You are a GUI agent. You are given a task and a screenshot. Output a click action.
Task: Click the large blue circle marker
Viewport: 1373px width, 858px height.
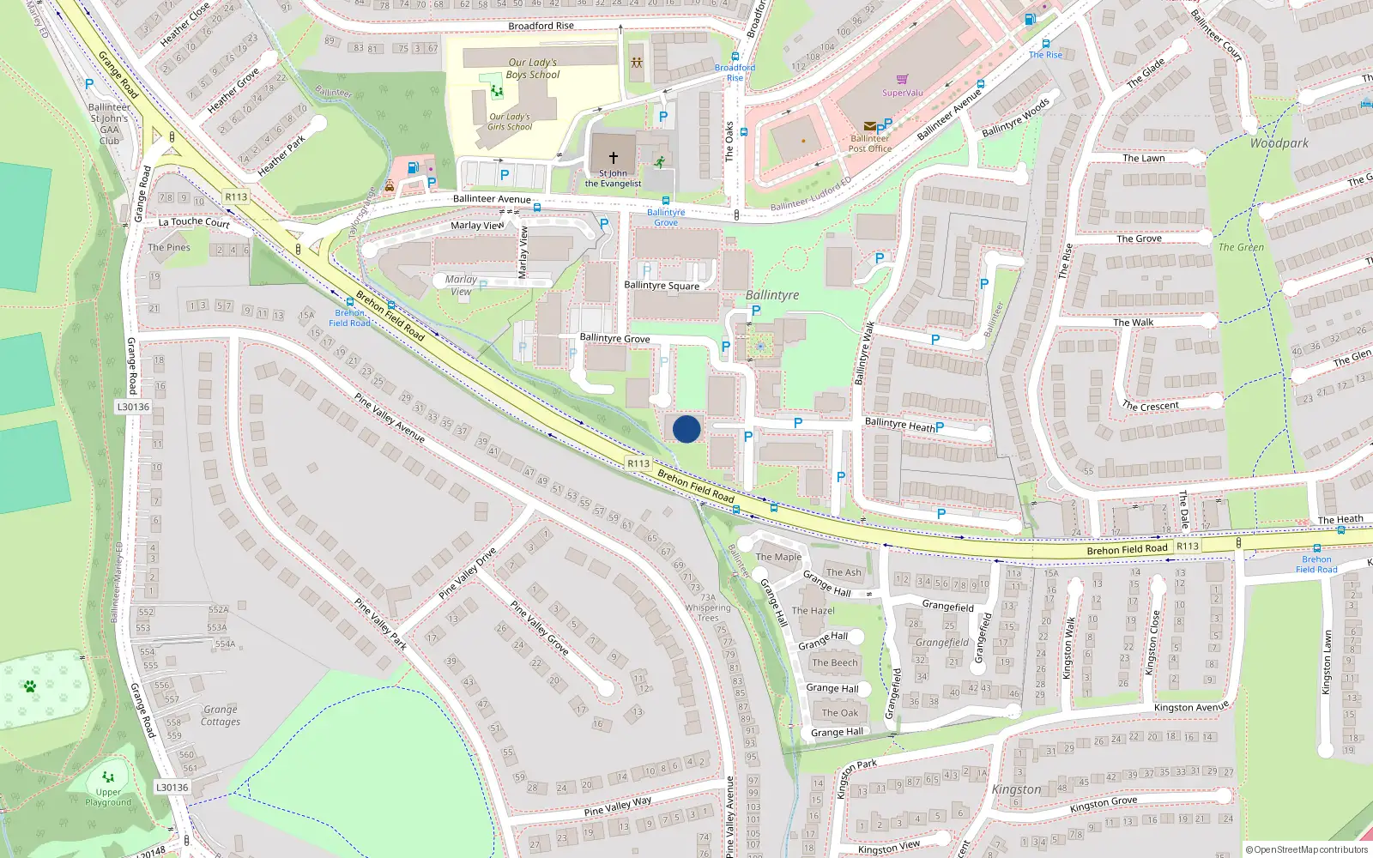[x=686, y=429]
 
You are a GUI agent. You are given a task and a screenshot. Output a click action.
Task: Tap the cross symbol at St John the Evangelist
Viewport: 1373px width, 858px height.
[x=614, y=158]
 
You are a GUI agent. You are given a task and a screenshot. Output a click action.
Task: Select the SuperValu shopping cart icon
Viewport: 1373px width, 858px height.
[x=902, y=80]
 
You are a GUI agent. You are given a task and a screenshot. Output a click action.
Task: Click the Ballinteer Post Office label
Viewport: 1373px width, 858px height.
[x=870, y=143]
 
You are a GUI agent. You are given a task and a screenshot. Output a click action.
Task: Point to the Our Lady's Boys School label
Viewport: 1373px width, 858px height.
[x=532, y=69]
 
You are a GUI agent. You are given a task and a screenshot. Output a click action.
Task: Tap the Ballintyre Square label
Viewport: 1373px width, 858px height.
[x=662, y=286]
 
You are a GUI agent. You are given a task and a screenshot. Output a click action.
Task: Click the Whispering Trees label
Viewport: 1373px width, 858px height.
[x=708, y=613]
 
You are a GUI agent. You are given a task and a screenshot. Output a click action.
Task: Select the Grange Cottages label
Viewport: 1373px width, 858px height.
[x=221, y=716]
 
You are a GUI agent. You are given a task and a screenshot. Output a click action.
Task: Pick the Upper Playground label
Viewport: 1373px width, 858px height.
[x=108, y=797]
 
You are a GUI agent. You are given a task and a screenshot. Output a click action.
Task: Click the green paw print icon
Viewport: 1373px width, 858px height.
[x=30, y=686]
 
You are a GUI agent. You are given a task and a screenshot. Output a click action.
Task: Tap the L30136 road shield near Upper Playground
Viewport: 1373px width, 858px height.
[x=172, y=787]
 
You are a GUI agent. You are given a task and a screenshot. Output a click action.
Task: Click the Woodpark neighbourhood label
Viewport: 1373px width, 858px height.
[x=1279, y=143]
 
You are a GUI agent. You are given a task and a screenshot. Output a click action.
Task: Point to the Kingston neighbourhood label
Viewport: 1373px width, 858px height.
[x=1016, y=789]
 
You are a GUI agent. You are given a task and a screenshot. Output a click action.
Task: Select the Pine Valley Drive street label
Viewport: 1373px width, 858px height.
[x=467, y=573]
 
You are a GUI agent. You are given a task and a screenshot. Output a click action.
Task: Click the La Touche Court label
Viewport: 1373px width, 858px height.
[x=194, y=222]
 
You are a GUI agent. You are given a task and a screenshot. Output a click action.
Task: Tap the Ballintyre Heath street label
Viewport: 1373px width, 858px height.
[x=899, y=425]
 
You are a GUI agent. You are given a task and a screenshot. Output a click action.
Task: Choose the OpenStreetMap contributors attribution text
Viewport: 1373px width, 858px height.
[x=1307, y=849]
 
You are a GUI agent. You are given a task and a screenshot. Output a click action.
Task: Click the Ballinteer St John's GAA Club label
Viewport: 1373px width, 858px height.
[x=110, y=124]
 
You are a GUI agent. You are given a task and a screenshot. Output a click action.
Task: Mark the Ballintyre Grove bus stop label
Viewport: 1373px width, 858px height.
[x=666, y=217]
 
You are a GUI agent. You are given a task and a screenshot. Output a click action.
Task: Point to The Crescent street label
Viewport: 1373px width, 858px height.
[x=1151, y=406]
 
